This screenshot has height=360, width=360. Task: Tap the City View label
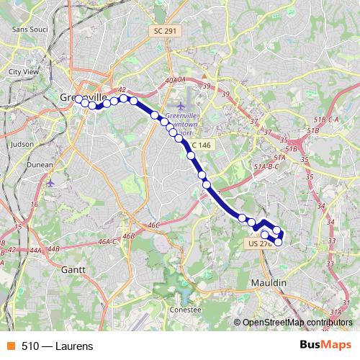coord(23,72)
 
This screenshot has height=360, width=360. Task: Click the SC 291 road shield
coord(166,32)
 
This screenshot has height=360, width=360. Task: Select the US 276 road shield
coord(259,244)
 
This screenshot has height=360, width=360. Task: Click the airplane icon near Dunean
coord(50,183)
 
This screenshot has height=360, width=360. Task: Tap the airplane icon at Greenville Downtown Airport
coord(170,107)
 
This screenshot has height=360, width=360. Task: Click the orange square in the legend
coord(11,346)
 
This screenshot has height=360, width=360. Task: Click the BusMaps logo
coord(325,346)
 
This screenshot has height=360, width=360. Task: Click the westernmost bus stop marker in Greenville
coord(78,99)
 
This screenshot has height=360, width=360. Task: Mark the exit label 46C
coord(153,225)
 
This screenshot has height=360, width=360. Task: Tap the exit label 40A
coord(170,81)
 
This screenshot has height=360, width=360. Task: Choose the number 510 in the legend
coord(30,346)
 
